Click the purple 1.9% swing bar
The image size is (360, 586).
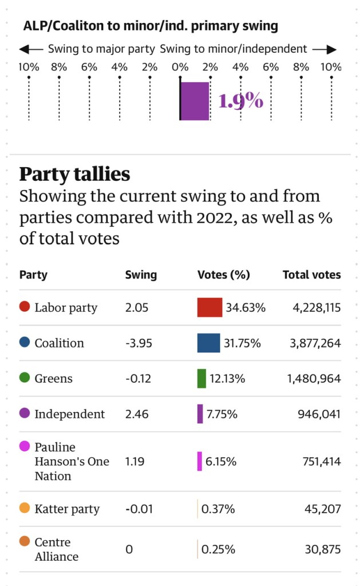(195, 101)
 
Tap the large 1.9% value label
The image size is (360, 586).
(241, 101)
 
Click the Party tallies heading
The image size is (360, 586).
(75, 173)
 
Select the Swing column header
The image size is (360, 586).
(141, 275)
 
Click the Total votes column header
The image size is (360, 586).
(311, 275)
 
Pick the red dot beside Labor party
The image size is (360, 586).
(25, 307)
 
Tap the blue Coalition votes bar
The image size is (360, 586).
(209, 343)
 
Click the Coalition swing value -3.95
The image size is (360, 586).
(137, 343)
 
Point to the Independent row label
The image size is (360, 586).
(69, 414)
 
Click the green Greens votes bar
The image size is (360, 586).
(201, 378)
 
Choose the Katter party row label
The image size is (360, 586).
(67, 509)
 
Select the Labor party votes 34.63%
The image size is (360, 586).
(246, 307)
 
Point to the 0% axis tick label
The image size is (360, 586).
(180, 67)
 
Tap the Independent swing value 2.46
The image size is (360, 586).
(137, 414)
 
